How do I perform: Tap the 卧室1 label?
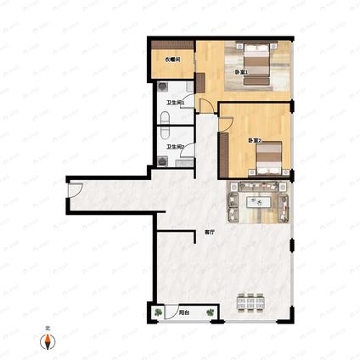coord(241,72)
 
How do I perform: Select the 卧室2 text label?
coord(253,140)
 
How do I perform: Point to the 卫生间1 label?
coord(176,104)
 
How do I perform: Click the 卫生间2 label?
coord(176,148)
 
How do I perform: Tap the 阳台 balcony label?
coord(183,312)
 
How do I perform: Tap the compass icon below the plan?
coord(48,342)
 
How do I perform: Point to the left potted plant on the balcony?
coord(159,312)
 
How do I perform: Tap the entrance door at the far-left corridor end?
coord(73,194)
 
